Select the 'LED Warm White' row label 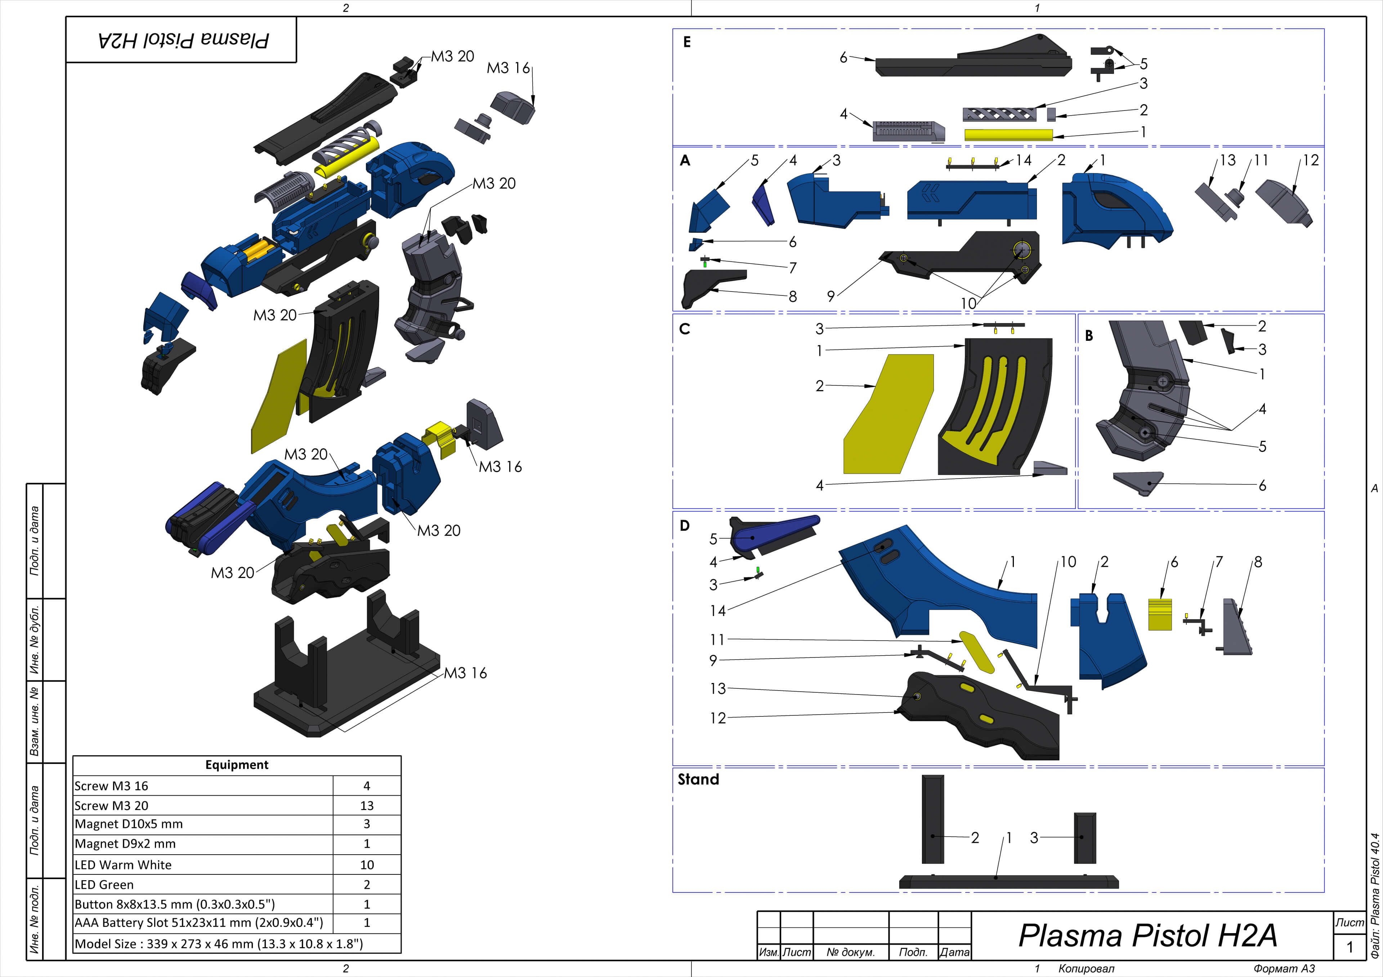pyautogui.click(x=123, y=864)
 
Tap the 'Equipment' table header pyautogui.click(x=237, y=764)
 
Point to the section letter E pyautogui.click(x=687, y=42)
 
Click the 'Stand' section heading pyautogui.click(x=698, y=779)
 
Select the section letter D pyautogui.click(x=684, y=525)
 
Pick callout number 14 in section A pyautogui.click(x=1024, y=160)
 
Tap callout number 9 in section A pyautogui.click(x=831, y=296)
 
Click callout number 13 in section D pyautogui.click(x=717, y=688)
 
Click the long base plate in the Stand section pyautogui.click(x=1008, y=882)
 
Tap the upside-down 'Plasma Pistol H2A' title pyautogui.click(x=183, y=40)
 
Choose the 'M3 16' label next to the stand pyautogui.click(x=465, y=673)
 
